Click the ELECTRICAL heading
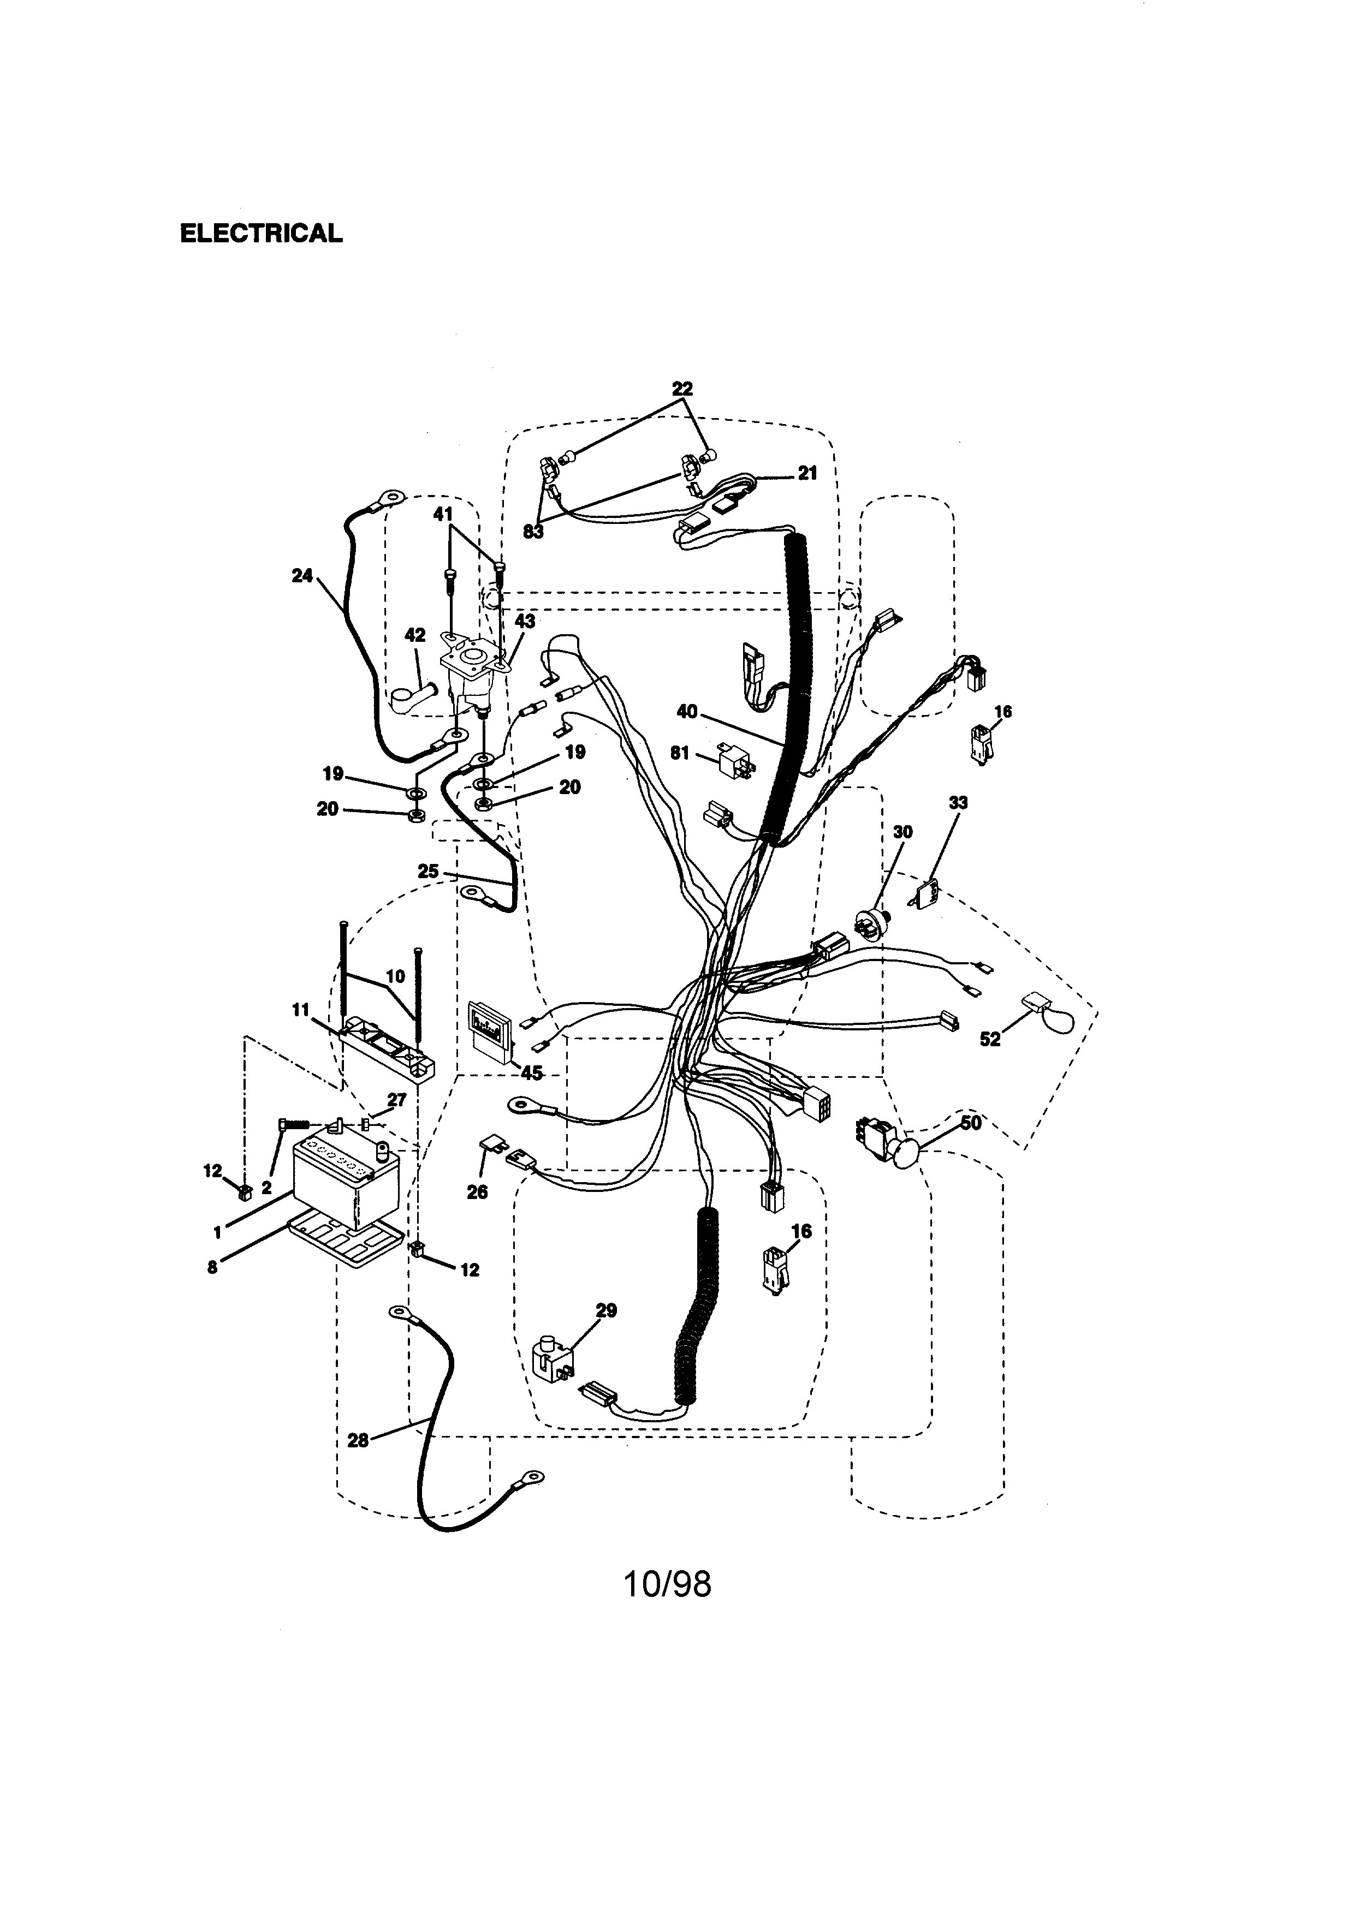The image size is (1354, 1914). coord(261,234)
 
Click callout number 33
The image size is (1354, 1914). coord(959,803)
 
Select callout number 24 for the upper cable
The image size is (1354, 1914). coord(302,575)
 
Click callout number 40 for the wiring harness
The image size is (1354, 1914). coord(687,712)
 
